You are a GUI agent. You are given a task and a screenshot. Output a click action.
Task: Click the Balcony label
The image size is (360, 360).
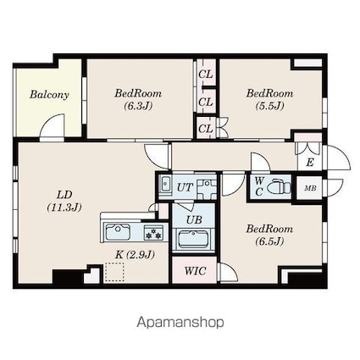(49, 95)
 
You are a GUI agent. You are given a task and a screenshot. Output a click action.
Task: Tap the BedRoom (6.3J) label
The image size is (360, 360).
(138, 99)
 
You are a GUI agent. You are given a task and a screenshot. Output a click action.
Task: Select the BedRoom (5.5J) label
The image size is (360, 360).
(269, 99)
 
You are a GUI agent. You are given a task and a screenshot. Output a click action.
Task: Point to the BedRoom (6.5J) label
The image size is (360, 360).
(269, 235)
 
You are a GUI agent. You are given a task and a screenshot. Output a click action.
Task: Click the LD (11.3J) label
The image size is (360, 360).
(64, 201)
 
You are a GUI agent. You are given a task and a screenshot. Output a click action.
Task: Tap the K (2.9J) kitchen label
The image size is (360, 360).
(135, 255)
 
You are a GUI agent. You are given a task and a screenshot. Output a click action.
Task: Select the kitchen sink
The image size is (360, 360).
(118, 232)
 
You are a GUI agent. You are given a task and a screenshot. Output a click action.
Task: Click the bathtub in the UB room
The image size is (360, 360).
(193, 240)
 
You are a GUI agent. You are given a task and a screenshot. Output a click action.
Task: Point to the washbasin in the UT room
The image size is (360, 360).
(165, 184)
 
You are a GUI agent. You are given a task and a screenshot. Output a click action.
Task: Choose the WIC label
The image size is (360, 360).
(195, 271)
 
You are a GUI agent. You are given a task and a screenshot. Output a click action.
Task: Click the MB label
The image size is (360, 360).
(310, 188)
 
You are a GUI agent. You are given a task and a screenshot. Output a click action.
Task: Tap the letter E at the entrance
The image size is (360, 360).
(310, 163)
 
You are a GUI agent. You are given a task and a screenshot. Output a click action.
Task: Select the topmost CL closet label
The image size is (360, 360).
(205, 75)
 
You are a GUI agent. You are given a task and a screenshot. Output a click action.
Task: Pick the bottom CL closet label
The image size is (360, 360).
(205, 129)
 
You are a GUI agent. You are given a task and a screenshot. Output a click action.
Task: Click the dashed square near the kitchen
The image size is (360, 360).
(114, 272)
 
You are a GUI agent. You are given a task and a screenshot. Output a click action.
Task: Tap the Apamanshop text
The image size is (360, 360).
(180, 323)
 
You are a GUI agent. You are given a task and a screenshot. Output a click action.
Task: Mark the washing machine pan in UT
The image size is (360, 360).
(207, 190)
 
